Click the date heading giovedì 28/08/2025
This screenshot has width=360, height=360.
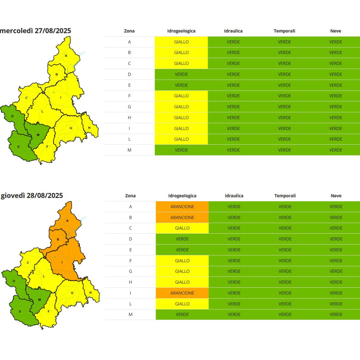pyautogui.click(x=32, y=196)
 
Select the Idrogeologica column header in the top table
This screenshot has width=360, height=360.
pyautogui.click(x=181, y=31)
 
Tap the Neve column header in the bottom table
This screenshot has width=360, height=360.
pyautogui.click(x=336, y=196)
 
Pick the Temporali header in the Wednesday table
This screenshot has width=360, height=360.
pyautogui.click(x=284, y=31)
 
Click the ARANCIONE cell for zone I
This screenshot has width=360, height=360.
pyautogui.click(x=182, y=293)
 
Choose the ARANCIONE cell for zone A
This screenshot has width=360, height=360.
pyautogui.click(x=182, y=207)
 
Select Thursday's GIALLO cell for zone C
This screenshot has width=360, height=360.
pyautogui.click(x=182, y=228)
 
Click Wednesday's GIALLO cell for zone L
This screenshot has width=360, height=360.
pyautogui.click(x=181, y=139)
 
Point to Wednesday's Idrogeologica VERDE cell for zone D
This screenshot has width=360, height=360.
pyautogui.click(x=181, y=74)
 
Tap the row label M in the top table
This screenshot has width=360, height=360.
pyautogui.click(x=129, y=150)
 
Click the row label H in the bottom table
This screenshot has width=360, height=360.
pyautogui.click(x=130, y=282)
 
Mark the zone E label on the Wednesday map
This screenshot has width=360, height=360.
pyautogui.click(x=19, y=147)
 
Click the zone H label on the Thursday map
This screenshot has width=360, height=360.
pyautogui.click(x=90, y=293)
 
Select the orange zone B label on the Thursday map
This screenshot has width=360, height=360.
pyautogui.click(x=58, y=239)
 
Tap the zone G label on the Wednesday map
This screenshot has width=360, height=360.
pyautogui.click(x=71, y=128)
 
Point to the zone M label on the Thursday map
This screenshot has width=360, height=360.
pyautogui.click(x=39, y=300)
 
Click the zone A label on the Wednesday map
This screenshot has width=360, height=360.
pyautogui.click(x=66, y=56)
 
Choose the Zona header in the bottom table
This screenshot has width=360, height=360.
pyautogui.click(x=130, y=196)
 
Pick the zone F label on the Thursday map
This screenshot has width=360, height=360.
pyautogui.click(x=49, y=312)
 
